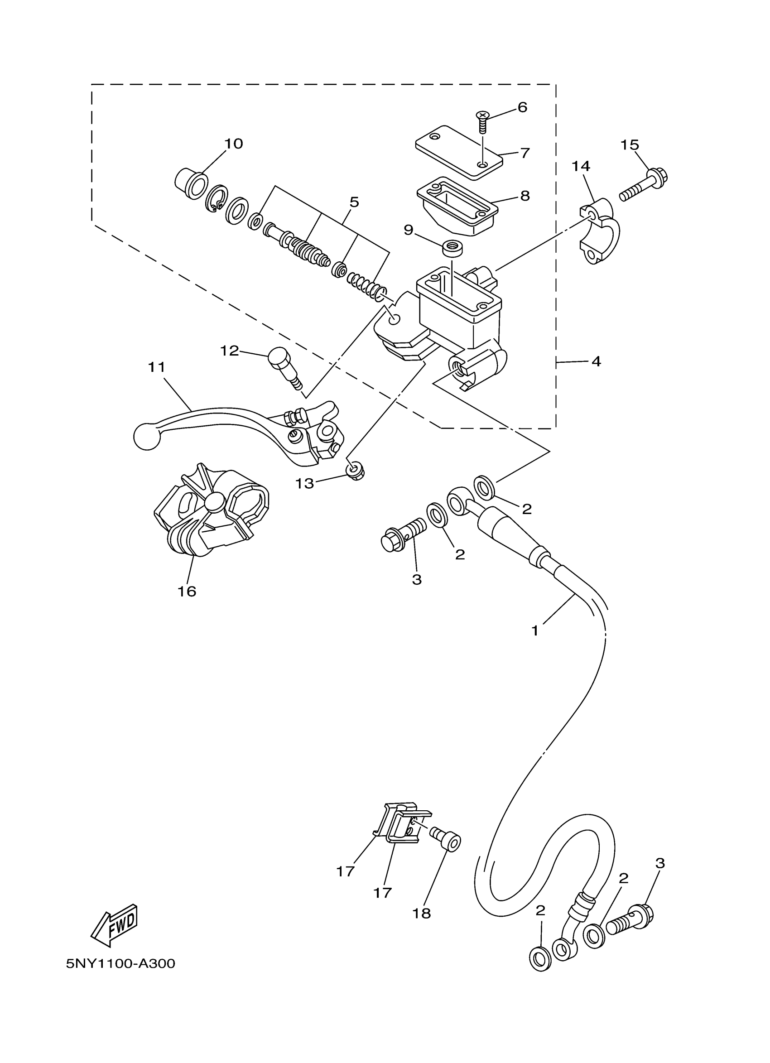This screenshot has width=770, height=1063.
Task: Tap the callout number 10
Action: (x=233, y=144)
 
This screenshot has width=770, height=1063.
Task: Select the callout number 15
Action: (x=630, y=145)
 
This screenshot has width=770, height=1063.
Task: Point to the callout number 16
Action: (x=187, y=592)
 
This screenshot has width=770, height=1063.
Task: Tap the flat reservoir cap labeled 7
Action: (x=458, y=150)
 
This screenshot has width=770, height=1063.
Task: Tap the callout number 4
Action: (x=596, y=361)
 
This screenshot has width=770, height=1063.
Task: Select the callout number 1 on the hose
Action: (x=535, y=631)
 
